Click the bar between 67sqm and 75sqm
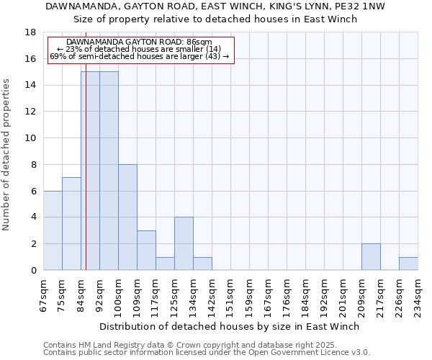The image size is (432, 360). pos(53,230)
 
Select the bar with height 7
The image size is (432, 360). pos(71,223)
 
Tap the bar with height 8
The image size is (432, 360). pos(127,217)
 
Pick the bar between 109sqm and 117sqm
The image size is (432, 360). pos(146,250)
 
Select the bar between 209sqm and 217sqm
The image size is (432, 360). pos(371,257)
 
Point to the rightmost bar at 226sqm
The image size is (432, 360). pos(408,264)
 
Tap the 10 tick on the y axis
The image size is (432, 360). pos(31,138)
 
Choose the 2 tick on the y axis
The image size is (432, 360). pos(34,244)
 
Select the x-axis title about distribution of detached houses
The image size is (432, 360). pos(229,326)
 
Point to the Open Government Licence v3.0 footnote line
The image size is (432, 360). pos(207,352)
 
